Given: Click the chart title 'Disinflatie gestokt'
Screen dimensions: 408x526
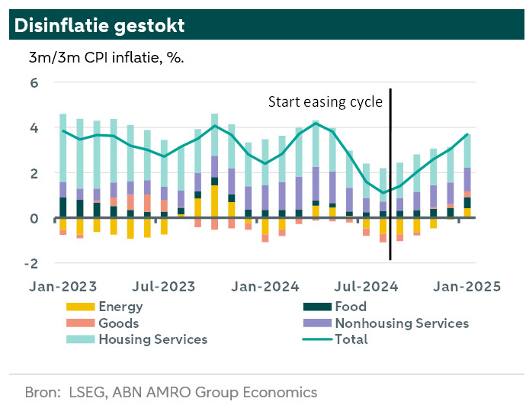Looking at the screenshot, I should pos(99,25).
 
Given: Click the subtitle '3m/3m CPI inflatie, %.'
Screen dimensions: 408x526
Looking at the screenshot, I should pos(107,58).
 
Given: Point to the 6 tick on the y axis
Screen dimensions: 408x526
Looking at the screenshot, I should pos(34,83).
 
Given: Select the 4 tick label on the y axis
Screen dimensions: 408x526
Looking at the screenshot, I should pos(34,128).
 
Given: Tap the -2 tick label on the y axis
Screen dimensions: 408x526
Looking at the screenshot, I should pos(31,263).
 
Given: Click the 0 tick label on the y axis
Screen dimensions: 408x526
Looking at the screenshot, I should pos(34,218).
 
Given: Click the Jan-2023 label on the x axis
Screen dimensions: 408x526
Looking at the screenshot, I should pos(63,287).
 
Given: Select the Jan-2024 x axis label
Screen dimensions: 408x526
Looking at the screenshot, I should pos(265,287).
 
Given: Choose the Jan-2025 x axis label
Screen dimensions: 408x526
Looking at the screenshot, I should pos(467,287).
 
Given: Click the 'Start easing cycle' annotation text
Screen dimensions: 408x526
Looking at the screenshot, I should pos(325,102).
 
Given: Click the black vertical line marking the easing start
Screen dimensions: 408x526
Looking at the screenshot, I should pos(390,175).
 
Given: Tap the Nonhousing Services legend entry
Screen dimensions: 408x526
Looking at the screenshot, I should pos(401,323).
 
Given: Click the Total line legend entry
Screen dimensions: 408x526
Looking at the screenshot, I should pos(351,339).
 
